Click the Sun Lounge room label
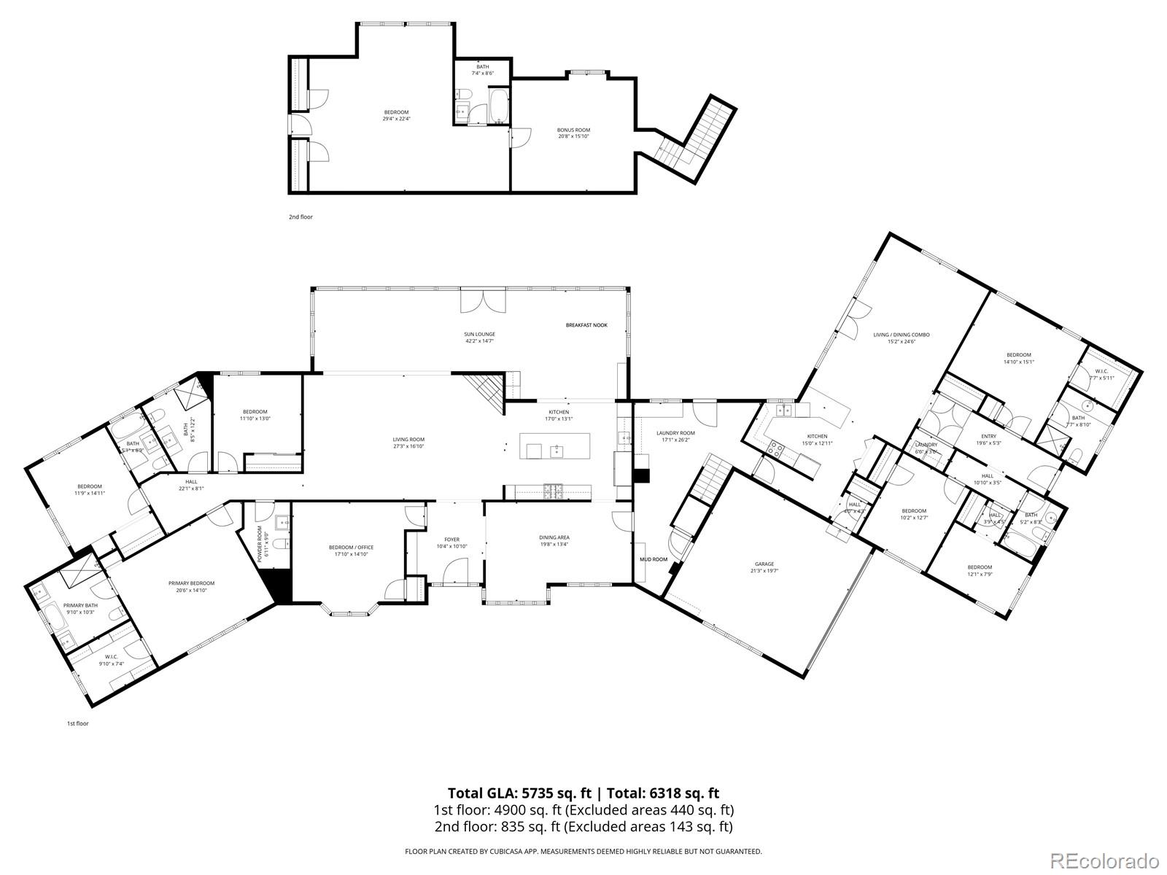480,337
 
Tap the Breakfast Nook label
586,325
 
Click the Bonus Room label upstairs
573,133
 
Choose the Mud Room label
654,559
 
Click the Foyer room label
451,542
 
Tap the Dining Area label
554,540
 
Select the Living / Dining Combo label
902,338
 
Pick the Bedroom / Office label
351,551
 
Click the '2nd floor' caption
301,217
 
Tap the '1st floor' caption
77,723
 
